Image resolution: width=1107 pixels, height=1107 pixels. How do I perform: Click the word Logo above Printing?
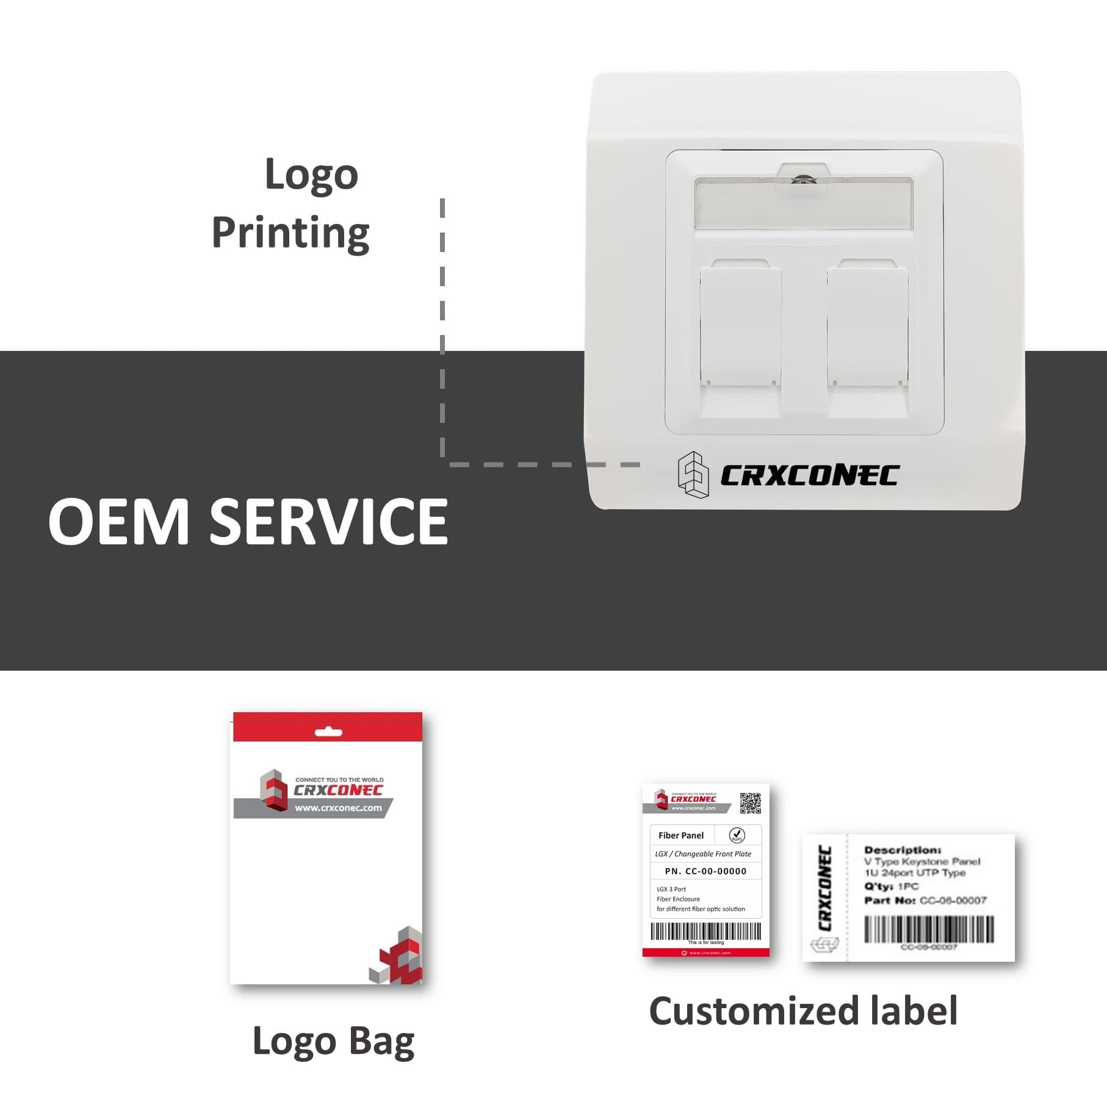click(x=311, y=175)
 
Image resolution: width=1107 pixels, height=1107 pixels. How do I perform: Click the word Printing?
click(x=290, y=233)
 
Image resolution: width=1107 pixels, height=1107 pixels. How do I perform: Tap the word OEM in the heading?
click(x=119, y=522)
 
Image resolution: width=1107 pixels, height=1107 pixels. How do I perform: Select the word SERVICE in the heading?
click(x=329, y=522)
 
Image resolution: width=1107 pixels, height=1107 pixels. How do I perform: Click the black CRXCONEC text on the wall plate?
click(x=809, y=476)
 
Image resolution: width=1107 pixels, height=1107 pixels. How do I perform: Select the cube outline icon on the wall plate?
click(x=694, y=475)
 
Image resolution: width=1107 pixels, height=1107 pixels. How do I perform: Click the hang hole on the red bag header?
click(x=328, y=732)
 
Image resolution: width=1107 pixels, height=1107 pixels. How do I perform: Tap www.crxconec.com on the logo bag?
click(x=338, y=808)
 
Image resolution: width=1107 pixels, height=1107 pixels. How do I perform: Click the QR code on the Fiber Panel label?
click(x=750, y=803)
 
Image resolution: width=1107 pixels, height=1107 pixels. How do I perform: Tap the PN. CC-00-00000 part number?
click(x=705, y=871)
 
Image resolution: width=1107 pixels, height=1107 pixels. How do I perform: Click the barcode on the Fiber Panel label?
click(x=705, y=931)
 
